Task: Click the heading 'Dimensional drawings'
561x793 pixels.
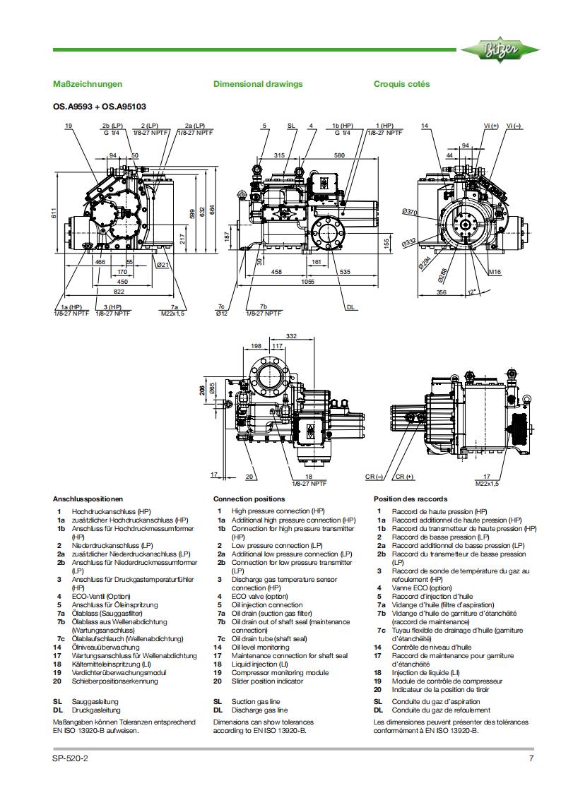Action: tap(258, 84)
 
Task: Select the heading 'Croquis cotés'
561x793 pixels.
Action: tap(401, 84)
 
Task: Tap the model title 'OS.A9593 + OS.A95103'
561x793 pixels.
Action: tap(100, 107)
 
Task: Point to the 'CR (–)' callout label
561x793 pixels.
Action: tap(374, 477)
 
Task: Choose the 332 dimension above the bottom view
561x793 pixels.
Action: tap(271, 336)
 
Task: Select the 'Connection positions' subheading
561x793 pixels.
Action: tap(249, 499)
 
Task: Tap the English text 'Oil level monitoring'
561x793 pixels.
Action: tap(260, 647)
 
